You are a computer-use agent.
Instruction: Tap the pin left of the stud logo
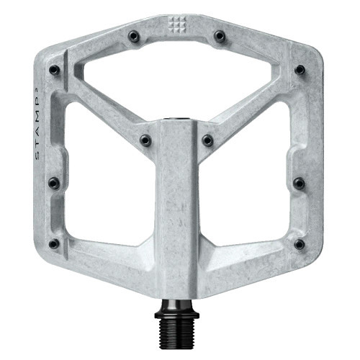[x=132, y=35]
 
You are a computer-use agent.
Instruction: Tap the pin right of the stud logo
[x=220, y=35]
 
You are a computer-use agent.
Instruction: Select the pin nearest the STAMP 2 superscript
[x=54, y=70]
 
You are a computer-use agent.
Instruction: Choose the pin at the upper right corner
[x=299, y=70]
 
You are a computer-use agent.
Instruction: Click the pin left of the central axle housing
[x=145, y=139]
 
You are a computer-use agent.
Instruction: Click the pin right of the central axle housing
[x=207, y=139]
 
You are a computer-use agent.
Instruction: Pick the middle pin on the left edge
[x=54, y=183]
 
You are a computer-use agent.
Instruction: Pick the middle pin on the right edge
[x=299, y=183]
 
